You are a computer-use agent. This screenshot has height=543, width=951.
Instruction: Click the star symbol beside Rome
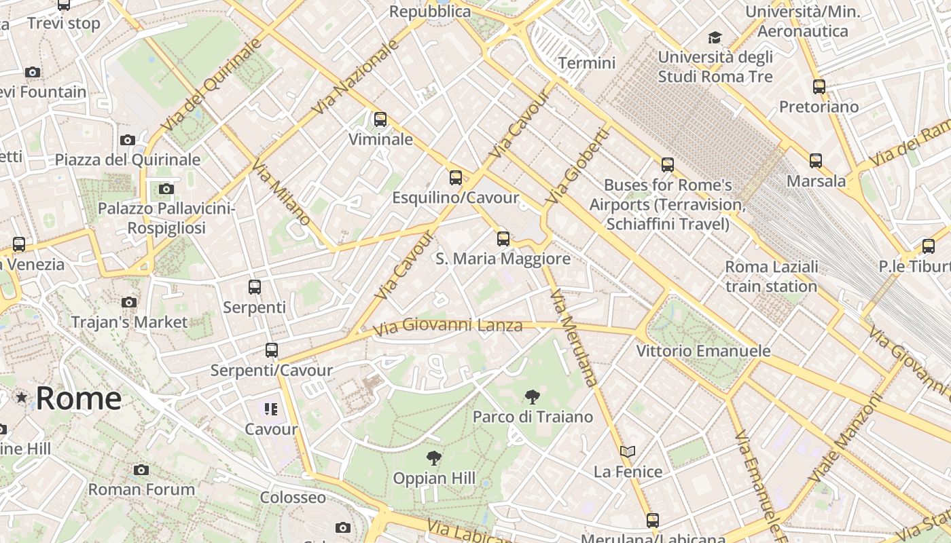click(22, 397)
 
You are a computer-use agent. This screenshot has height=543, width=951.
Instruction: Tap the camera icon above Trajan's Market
click(128, 302)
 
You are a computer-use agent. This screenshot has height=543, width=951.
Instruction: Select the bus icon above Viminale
click(380, 119)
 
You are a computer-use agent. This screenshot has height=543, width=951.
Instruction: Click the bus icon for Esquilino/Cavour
click(456, 178)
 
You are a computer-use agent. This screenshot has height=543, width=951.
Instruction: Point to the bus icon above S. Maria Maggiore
click(503, 239)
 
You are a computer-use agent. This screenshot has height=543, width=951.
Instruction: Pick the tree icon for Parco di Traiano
click(533, 397)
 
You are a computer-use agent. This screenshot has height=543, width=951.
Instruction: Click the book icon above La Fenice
click(628, 451)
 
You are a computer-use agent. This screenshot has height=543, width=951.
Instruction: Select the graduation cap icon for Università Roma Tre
click(715, 37)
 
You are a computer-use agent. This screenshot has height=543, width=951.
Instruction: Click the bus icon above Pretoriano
click(819, 87)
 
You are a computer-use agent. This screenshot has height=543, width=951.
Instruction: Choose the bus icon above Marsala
click(816, 161)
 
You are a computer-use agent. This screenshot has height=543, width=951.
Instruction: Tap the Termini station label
click(587, 63)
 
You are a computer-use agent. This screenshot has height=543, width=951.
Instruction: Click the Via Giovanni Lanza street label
click(448, 326)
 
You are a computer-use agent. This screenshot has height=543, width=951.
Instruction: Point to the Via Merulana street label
click(574, 337)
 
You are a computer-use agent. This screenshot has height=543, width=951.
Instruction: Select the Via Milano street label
click(281, 192)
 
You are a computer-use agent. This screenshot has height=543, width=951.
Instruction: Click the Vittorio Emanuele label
click(703, 351)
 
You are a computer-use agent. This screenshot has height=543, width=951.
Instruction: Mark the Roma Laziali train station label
click(771, 276)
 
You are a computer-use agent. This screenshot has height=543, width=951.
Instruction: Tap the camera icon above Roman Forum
click(141, 470)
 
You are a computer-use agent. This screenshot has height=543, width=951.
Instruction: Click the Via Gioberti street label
click(577, 166)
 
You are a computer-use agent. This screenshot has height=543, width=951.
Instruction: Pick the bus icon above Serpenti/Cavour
click(272, 350)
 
